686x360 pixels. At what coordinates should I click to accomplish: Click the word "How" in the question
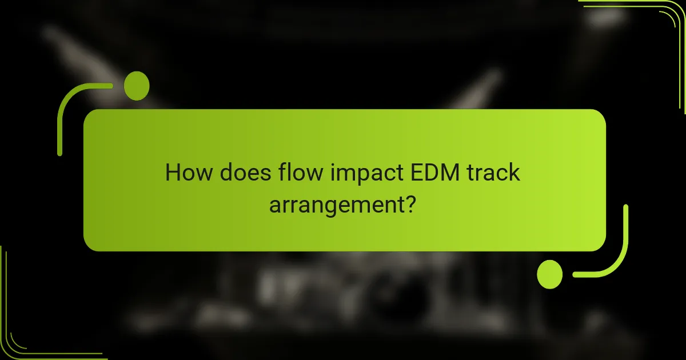point(186,172)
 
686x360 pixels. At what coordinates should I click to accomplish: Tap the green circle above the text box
point(137,86)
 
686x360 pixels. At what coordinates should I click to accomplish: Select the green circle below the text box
point(550,274)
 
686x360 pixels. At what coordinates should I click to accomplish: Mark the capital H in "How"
point(173,172)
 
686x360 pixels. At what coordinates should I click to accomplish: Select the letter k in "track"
point(513,172)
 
